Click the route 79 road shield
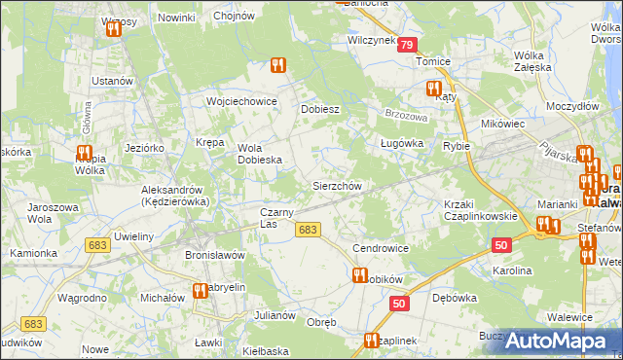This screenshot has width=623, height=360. (x=407, y=45)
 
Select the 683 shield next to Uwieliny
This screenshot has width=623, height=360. (x=95, y=246)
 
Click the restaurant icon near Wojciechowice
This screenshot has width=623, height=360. (x=277, y=66)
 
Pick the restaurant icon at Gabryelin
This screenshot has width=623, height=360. (x=202, y=290)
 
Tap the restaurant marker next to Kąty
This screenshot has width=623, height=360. (x=433, y=89)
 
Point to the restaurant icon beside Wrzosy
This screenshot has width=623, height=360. (x=114, y=29)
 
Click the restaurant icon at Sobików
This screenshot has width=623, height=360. (x=358, y=275)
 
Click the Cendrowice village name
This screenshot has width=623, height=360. (x=380, y=248)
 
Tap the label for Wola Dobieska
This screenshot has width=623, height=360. (x=260, y=154)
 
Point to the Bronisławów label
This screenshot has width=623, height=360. (x=213, y=255)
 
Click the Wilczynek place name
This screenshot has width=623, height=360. (x=371, y=41)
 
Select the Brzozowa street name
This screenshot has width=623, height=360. (x=407, y=114)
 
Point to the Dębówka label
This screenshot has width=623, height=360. (x=452, y=297)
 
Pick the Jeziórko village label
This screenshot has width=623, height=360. (x=144, y=147)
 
